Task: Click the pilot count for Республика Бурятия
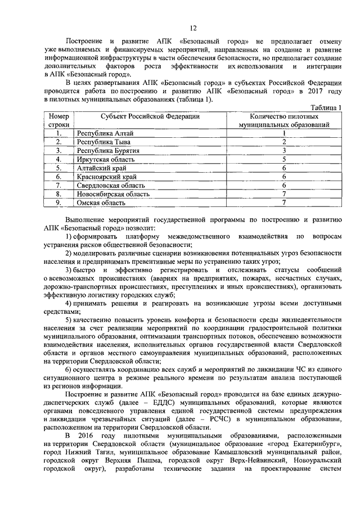pos(285,151)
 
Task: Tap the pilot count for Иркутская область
pos(285,159)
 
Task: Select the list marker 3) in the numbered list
pos(68,271)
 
